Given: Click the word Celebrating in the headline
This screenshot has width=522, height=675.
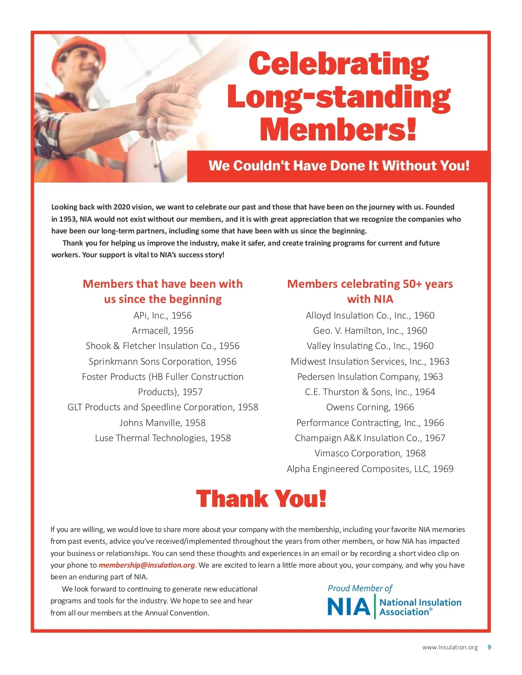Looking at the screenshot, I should pos(339,64).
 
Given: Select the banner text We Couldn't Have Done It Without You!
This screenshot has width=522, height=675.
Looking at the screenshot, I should pos(339,166).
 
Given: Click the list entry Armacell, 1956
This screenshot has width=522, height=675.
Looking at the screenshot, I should pos(163,331).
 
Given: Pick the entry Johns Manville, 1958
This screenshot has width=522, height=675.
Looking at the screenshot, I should pos(163,422).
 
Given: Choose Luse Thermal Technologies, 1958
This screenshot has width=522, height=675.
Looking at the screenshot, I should pos(163,438).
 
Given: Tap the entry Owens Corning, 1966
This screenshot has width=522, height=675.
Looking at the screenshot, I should pos(370,407).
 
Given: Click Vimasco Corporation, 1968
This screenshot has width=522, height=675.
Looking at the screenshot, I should pos(370,453).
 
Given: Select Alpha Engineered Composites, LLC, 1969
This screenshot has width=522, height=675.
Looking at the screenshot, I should pos(370,469).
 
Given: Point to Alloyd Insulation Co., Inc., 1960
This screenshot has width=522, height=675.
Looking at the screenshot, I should pos(370,316).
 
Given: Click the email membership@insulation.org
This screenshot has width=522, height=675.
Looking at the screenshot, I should pos(147,565).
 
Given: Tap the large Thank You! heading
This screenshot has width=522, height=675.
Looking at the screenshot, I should pos(261,499).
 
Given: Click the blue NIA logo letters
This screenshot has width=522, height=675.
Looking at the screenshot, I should pos(348,607).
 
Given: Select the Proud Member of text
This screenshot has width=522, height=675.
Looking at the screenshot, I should pos(360,588).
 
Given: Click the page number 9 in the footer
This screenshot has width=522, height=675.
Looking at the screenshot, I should pos(489,647).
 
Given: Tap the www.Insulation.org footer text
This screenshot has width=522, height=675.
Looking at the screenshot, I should pos(450,647).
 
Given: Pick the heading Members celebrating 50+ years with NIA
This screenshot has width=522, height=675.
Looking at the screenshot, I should pos(370,291).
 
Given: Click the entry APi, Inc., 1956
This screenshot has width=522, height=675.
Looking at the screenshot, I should pos(163,316).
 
